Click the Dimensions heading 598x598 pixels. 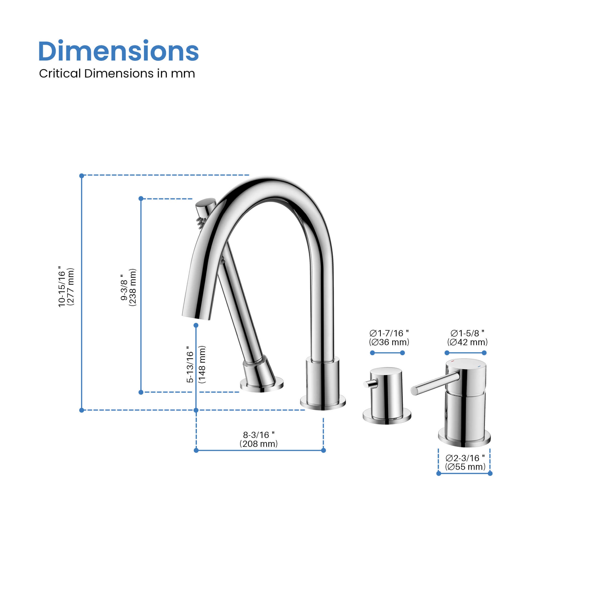click(x=118, y=51)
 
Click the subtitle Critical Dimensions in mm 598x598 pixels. click(x=117, y=74)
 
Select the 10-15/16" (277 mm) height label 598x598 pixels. click(x=66, y=287)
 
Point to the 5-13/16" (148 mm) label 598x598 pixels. click(x=196, y=364)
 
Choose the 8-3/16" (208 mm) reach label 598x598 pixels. click(x=258, y=439)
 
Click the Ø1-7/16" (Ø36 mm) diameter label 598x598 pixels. click(x=389, y=338)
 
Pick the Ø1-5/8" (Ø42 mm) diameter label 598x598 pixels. click(x=467, y=338)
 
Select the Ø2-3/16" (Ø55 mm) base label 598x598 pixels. click(x=465, y=462)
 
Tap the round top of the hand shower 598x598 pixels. click(x=205, y=203)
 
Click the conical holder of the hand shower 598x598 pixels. click(x=259, y=371)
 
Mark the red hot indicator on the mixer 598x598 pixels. click(x=453, y=361)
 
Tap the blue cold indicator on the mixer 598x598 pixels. click(x=479, y=366)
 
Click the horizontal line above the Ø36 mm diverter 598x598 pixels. click(x=387, y=353)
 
